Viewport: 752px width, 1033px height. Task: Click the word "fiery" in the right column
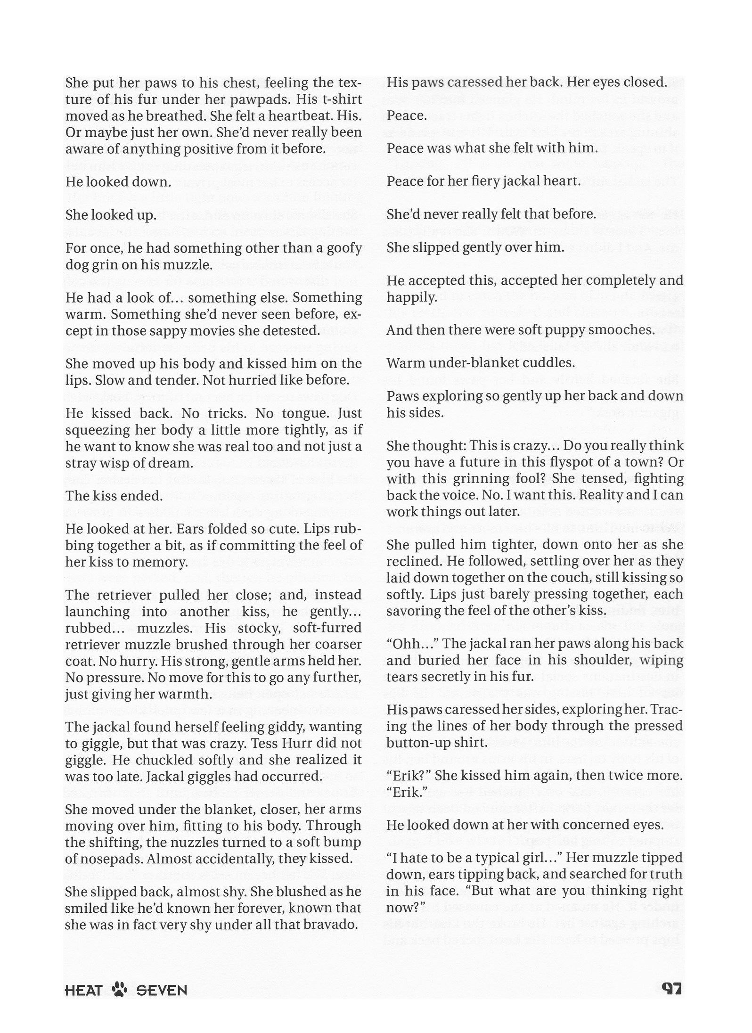pyautogui.click(x=462, y=181)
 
